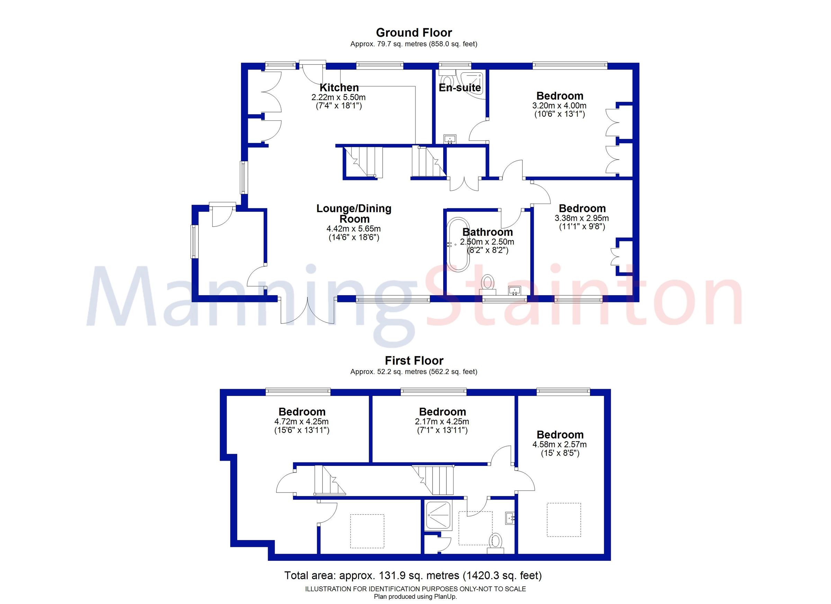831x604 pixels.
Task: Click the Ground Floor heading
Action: pos(414,33)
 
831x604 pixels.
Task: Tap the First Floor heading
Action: pos(414,361)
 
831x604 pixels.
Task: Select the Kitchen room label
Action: pos(339,88)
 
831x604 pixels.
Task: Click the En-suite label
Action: pos(460,88)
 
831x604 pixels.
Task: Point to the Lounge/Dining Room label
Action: pos(354,214)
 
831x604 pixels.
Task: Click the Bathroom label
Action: pos(487,232)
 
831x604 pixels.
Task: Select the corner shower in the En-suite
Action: pos(473,84)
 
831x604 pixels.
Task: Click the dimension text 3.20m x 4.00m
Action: pos(560,106)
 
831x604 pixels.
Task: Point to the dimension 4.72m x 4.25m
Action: pos(302,422)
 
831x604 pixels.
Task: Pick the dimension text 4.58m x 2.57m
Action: pos(560,445)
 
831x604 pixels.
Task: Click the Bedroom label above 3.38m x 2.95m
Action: pos(582,209)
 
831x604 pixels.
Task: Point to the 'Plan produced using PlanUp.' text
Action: pos(415,597)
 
